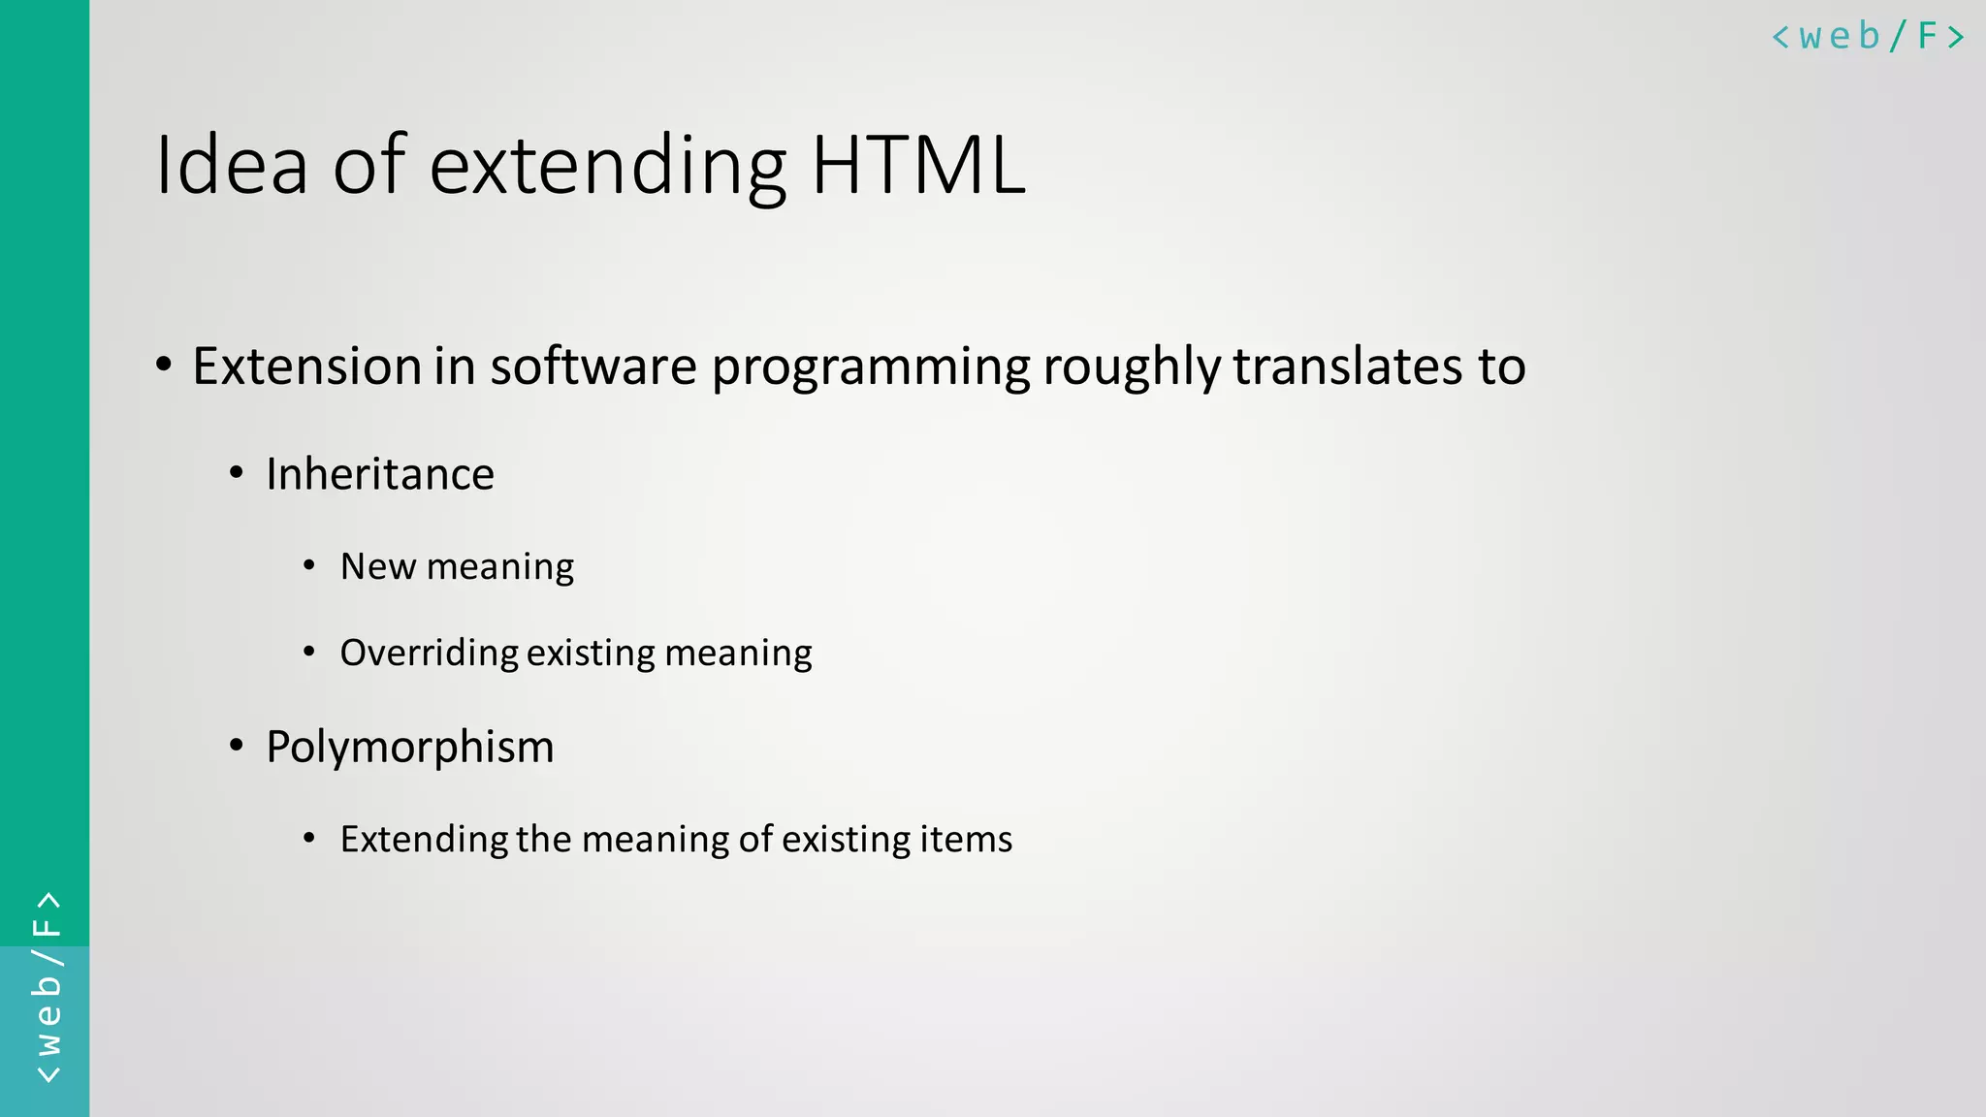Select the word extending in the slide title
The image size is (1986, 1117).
coord(607,167)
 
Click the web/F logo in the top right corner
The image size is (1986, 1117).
coord(1867,37)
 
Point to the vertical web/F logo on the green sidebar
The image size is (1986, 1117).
coord(47,987)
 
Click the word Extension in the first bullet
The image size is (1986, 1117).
coord(307,367)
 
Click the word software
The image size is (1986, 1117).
coord(593,367)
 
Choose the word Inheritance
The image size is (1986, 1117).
coord(380,474)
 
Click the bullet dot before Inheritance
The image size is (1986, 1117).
coord(237,474)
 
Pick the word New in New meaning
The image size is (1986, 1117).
coord(377,566)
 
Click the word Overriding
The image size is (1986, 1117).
coord(429,654)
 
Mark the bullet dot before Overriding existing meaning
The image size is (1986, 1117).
coord(309,653)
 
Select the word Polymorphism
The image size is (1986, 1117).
coord(410,748)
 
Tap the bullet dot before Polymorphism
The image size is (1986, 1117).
coord(237,747)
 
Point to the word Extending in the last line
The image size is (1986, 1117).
coord(424,840)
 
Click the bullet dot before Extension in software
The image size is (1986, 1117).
coord(164,367)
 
